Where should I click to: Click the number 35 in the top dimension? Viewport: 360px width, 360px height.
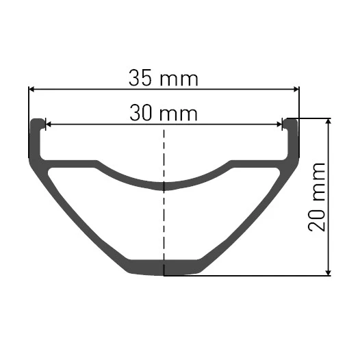tap(140, 77)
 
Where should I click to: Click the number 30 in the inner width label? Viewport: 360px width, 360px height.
tap(142, 113)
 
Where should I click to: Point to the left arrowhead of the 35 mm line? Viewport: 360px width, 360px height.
tap(31, 88)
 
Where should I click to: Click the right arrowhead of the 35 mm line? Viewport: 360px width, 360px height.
tap(296, 88)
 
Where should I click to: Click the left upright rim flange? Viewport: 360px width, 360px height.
tap(36, 137)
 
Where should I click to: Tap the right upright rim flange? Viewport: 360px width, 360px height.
tap(292, 137)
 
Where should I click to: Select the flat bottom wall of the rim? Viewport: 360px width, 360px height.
tap(164, 268)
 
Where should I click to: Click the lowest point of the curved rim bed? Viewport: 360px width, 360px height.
tap(164, 185)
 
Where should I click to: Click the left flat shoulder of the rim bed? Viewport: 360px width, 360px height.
tap(72, 164)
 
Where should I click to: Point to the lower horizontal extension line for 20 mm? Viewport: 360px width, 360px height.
tap(260, 275)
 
